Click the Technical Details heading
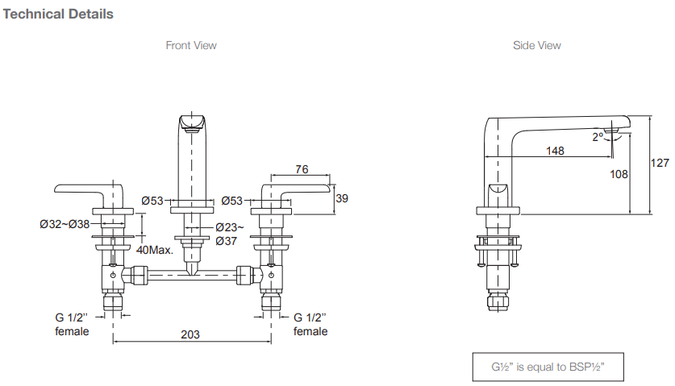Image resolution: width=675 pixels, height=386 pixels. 59,14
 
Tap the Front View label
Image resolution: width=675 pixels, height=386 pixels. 191,45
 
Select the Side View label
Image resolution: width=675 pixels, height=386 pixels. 536,45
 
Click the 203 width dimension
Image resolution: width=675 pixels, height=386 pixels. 190,334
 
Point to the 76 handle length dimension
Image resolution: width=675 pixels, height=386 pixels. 301,169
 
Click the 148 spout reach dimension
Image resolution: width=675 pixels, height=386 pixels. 554,150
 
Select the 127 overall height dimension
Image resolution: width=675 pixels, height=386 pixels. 660,163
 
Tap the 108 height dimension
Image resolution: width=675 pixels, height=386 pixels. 619,173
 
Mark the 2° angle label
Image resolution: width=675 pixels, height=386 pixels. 598,137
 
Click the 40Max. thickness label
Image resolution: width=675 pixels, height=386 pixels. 155,250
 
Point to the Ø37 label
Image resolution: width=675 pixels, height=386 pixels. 227,240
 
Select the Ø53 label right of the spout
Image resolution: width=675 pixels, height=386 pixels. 232,200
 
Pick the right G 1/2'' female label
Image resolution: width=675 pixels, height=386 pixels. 310,324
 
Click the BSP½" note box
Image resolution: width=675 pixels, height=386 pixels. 548,367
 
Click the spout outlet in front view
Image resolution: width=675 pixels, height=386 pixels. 191,122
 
